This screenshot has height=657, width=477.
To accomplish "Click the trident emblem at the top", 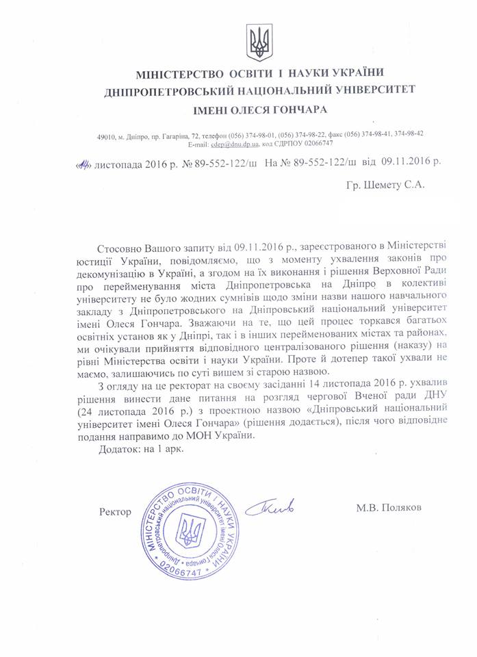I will click(x=259, y=42).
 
